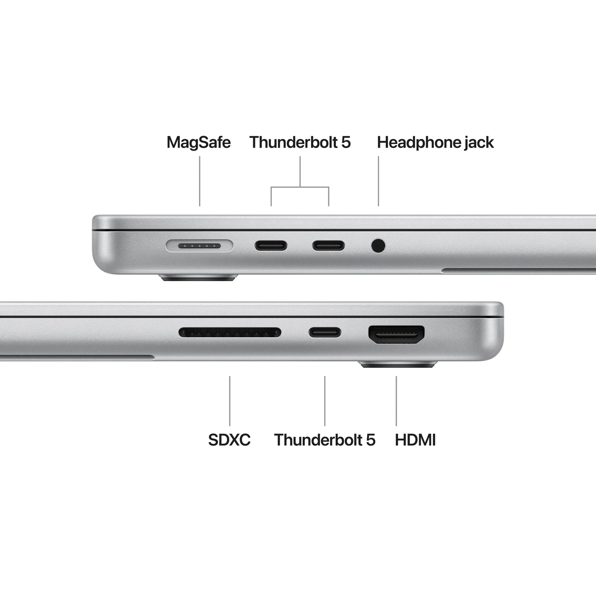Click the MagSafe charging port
199,246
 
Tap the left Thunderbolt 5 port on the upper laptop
271,246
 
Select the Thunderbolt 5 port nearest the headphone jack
328,246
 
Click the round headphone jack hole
378,246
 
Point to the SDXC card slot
230,332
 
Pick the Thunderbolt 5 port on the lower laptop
325,332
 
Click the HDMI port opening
396,335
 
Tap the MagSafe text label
198,142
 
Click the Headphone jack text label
435,142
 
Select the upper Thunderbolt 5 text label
300,142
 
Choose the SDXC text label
229,440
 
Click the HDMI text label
415,440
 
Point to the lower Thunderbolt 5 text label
325,440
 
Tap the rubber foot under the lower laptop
398,364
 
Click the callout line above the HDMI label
396,400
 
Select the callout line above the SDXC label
230,400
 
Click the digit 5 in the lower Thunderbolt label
371,440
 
